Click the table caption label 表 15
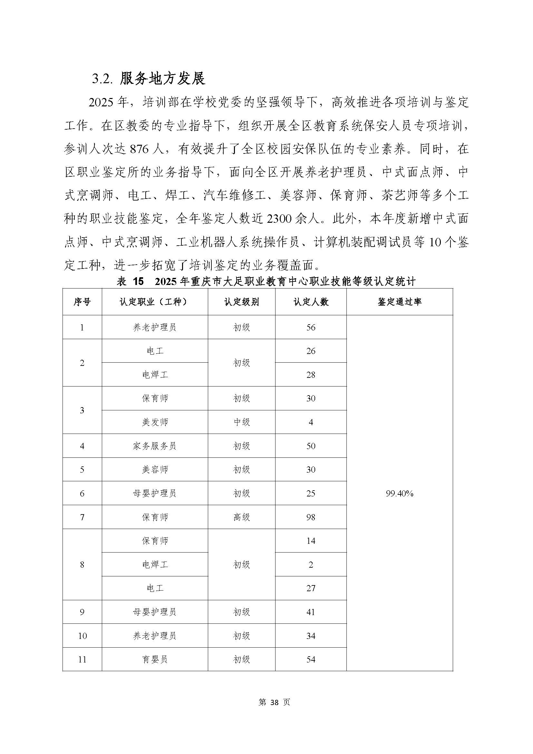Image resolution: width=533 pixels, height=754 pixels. tap(130, 281)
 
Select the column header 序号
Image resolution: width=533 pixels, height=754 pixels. tap(82, 302)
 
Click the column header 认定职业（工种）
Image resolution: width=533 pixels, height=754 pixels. tap(155, 302)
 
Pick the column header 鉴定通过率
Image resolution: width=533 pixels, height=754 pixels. tap(399, 302)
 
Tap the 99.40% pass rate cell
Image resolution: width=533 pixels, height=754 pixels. tap(399, 493)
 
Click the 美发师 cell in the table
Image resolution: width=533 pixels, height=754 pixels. tap(155, 422)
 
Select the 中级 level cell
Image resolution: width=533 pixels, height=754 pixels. tap(242, 422)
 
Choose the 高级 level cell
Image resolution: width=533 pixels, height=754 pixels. tap(242, 517)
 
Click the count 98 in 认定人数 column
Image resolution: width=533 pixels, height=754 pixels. tap(310, 517)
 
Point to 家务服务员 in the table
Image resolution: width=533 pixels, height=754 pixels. tap(155, 446)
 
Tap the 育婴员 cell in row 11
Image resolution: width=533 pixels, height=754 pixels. tap(155, 660)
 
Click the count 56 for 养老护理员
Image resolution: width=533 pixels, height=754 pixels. tap(310, 327)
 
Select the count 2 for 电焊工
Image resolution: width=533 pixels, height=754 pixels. tap(310, 564)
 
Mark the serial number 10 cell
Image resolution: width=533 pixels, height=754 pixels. tap(82, 636)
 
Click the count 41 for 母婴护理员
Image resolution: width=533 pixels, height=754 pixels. tap(310, 612)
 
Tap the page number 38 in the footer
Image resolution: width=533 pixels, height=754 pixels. tap(274, 702)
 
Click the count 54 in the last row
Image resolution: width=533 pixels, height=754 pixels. tap(310, 660)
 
